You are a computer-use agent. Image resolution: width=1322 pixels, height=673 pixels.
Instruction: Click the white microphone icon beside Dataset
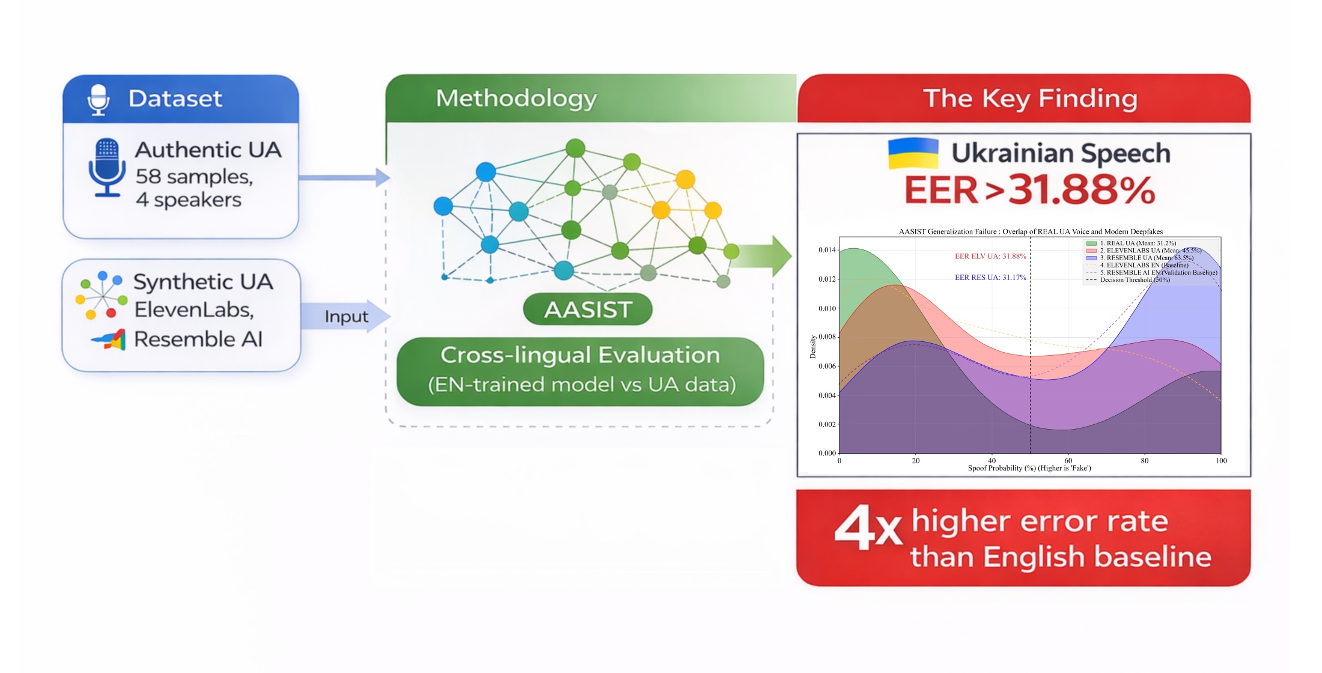point(98,99)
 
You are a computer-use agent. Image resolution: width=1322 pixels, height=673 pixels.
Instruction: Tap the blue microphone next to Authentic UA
point(107,167)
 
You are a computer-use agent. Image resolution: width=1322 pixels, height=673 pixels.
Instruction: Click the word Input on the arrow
point(346,317)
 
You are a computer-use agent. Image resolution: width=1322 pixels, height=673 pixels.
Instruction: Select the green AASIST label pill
point(587,309)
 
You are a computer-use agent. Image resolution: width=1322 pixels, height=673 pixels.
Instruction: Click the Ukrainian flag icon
point(913,153)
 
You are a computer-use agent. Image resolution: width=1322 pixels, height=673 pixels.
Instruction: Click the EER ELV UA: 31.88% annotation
point(990,257)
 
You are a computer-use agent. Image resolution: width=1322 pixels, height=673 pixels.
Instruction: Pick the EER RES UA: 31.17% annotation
point(990,278)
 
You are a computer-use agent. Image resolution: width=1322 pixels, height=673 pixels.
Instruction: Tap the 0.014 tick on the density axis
point(827,250)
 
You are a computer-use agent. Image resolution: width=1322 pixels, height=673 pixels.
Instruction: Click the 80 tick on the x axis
point(1144,461)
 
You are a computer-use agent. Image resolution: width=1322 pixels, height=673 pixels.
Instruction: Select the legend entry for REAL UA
point(1136,243)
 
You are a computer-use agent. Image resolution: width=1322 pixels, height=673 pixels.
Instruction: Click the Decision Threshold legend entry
point(1135,280)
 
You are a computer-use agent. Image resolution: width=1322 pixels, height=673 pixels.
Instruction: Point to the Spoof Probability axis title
point(1029,468)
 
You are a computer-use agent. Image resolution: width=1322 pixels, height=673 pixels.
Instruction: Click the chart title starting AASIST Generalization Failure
point(1030,231)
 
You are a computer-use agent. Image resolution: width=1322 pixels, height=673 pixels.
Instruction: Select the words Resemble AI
point(198,340)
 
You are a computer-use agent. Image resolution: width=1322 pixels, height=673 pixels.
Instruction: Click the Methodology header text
point(516,99)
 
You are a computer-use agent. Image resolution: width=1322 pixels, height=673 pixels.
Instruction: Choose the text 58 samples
point(193,177)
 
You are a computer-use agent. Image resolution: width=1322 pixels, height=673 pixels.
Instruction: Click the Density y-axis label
point(813,347)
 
